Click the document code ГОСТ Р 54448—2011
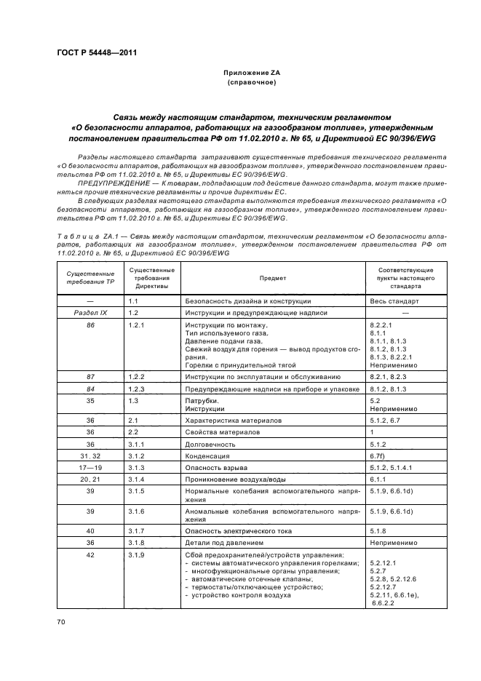pyautogui.click(x=97, y=52)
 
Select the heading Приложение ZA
pyautogui.click(x=251, y=73)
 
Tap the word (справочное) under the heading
pyautogui.click(x=251, y=82)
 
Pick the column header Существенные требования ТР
pyautogui.click(x=90, y=278)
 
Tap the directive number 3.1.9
pyautogui.click(x=137, y=556)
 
